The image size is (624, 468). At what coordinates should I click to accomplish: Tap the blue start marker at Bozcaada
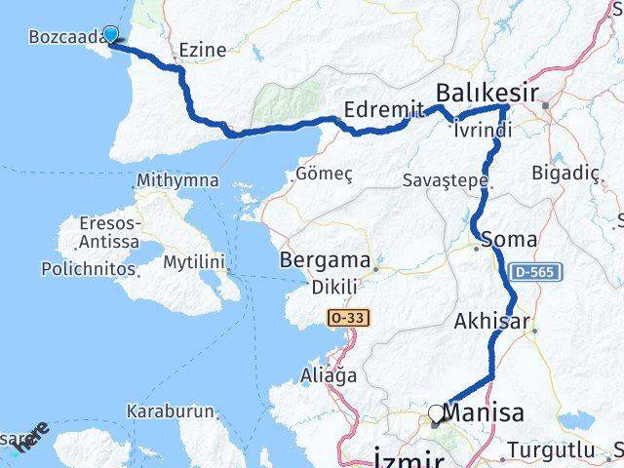(111, 35)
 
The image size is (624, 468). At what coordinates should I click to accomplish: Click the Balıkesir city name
(487, 93)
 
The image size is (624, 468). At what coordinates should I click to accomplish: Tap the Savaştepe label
(445, 181)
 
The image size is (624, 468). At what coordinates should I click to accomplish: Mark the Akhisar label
(492, 321)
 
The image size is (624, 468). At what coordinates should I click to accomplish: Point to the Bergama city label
(325, 261)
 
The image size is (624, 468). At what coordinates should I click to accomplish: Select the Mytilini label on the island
(194, 262)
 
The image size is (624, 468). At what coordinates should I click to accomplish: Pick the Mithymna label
(173, 181)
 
